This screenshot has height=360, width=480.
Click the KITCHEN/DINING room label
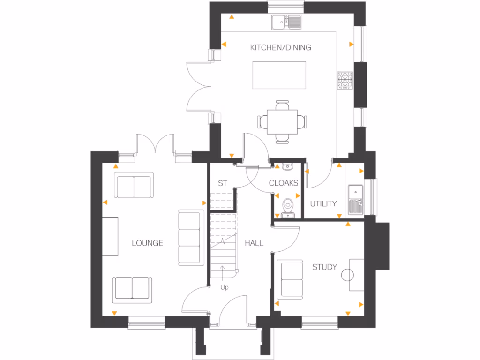point(280,47)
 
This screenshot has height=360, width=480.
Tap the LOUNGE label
point(147,243)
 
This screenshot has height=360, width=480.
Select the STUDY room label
point(324,267)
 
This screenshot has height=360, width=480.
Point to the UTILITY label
point(323,203)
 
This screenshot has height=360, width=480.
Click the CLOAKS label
point(284,183)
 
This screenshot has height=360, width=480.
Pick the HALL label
point(254,243)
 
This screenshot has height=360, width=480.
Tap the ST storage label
point(223,183)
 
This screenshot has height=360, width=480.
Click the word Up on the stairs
point(225,286)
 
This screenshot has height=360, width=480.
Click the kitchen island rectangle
point(279,75)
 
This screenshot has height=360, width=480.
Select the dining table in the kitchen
point(283,121)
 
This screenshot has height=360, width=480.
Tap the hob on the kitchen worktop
point(345,80)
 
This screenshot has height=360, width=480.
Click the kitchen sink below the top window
point(287,21)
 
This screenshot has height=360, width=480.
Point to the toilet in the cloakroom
point(287,205)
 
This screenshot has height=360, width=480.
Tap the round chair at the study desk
point(348,275)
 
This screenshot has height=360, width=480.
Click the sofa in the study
point(291,279)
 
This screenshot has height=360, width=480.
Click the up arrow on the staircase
point(223,272)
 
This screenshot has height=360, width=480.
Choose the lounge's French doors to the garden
point(155,143)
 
